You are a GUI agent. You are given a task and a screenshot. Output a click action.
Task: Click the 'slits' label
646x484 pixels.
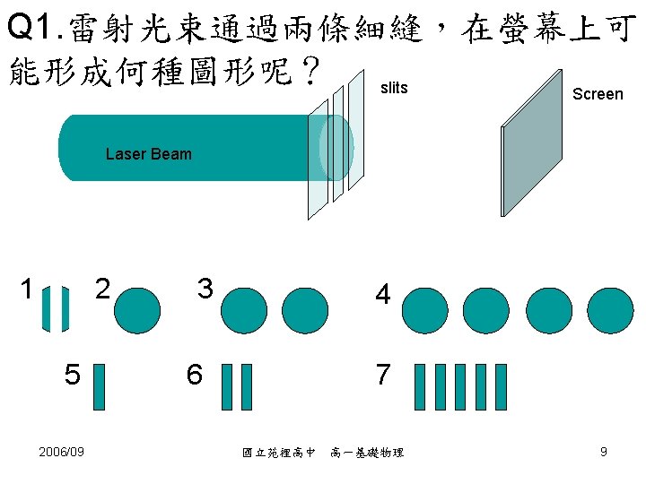394,87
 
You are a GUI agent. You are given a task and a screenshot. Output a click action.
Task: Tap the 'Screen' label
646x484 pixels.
598,94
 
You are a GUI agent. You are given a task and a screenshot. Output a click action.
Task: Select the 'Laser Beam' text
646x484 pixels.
148,154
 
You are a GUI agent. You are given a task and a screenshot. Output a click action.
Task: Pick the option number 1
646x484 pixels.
28,288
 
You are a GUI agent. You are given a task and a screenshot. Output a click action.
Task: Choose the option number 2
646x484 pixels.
103,288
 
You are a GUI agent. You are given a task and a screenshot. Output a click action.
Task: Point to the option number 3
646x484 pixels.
205,288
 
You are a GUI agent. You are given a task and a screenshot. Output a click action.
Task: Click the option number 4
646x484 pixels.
383,294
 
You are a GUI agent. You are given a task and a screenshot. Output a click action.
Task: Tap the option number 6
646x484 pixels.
194,373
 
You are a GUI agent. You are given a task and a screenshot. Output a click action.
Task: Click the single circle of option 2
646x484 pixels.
137,310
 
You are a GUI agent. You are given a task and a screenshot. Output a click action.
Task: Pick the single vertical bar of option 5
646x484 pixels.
100,386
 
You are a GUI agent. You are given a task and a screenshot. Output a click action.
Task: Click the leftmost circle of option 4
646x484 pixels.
425,310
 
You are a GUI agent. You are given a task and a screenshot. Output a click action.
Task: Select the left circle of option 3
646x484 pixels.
243,310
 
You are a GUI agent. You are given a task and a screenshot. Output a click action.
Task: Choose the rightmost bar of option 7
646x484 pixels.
501,386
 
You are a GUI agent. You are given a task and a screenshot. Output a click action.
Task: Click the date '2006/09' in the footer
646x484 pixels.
62,453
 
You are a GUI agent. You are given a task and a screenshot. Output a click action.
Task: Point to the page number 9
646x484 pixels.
604,453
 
